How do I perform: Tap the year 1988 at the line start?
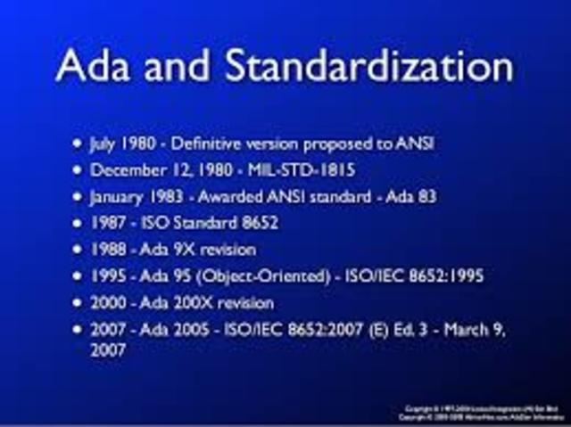(x=106, y=250)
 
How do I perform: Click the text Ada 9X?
(x=162, y=250)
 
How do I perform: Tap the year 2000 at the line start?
(x=107, y=303)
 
